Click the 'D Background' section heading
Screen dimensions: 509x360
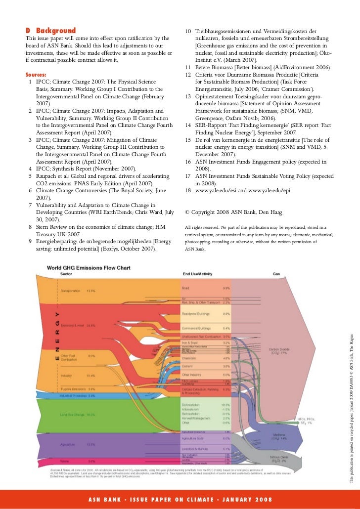[x=50, y=31]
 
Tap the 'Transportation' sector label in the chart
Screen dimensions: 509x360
[x=70, y=291]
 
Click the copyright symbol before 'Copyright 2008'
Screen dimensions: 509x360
[x=188, y=212]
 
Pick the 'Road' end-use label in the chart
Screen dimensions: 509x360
[x=186, y=287]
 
